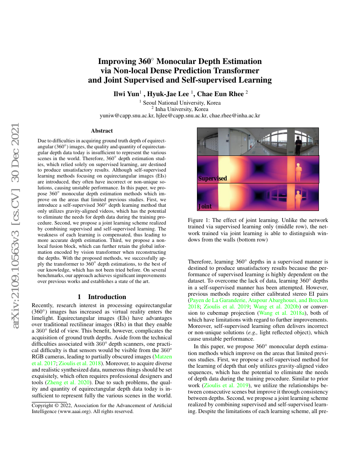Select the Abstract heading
click(102, 131)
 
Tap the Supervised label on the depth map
click(213, 178)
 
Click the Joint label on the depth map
click(205, 207)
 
